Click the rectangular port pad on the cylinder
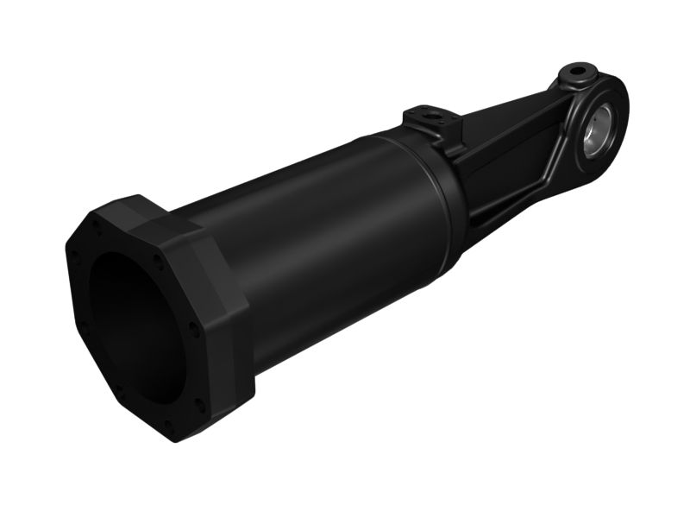click(x=430, y=117)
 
